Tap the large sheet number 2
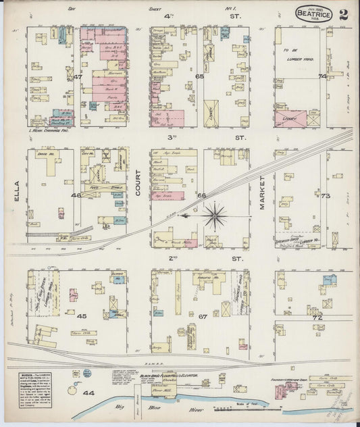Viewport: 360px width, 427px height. tap(344, 14)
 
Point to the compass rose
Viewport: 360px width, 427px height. tap(215, 216)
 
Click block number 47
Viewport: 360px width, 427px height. tap(78, 78)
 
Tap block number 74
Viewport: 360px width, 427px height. tap(322, 76)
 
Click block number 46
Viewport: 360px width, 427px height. tap(76, 195)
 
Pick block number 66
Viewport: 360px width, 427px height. tap(201, 195)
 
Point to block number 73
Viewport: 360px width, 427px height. tap(324, 196)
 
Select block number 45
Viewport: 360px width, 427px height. tap(82, 316)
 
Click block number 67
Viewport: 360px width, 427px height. tap(202, 316)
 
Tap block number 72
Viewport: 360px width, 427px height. tap(315, 316)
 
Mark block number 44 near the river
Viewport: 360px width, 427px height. tap(87, 393)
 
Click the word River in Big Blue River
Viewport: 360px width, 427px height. tap(177, 409)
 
